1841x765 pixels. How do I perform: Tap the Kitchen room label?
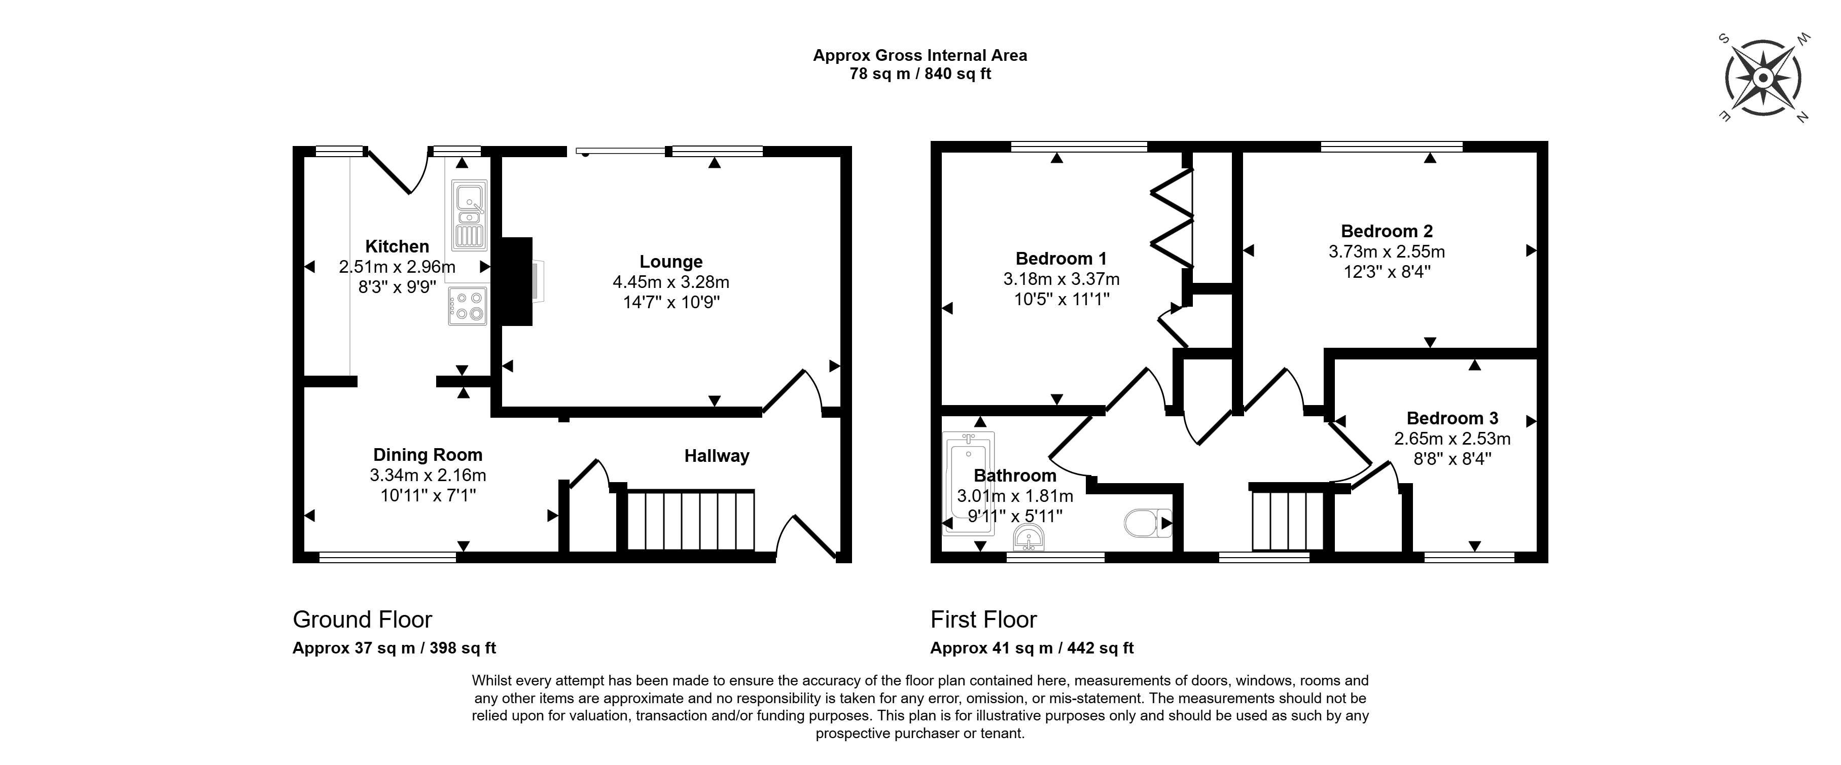point(397,246)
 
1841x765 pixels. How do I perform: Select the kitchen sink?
point(469,214)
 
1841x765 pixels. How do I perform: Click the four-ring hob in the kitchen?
point(468,306)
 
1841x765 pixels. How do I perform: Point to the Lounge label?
point(671,262)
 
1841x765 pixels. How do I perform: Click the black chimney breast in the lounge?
point(517,281)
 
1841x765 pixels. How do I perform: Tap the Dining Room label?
point(428,455)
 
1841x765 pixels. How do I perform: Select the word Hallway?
point(717,456)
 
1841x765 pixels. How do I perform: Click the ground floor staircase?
point(690,520)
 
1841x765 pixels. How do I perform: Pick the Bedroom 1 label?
point(1061,259)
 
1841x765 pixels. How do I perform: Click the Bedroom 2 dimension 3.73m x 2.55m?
point(1387,252)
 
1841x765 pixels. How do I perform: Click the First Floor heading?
point(983,620)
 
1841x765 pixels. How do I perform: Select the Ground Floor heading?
point(362,620)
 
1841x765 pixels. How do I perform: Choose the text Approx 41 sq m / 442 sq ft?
point(1032,648)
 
